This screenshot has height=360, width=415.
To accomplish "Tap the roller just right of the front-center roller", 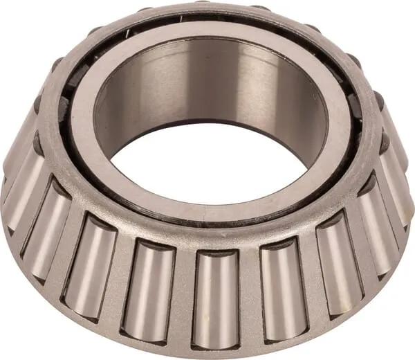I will coord(282,291).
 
